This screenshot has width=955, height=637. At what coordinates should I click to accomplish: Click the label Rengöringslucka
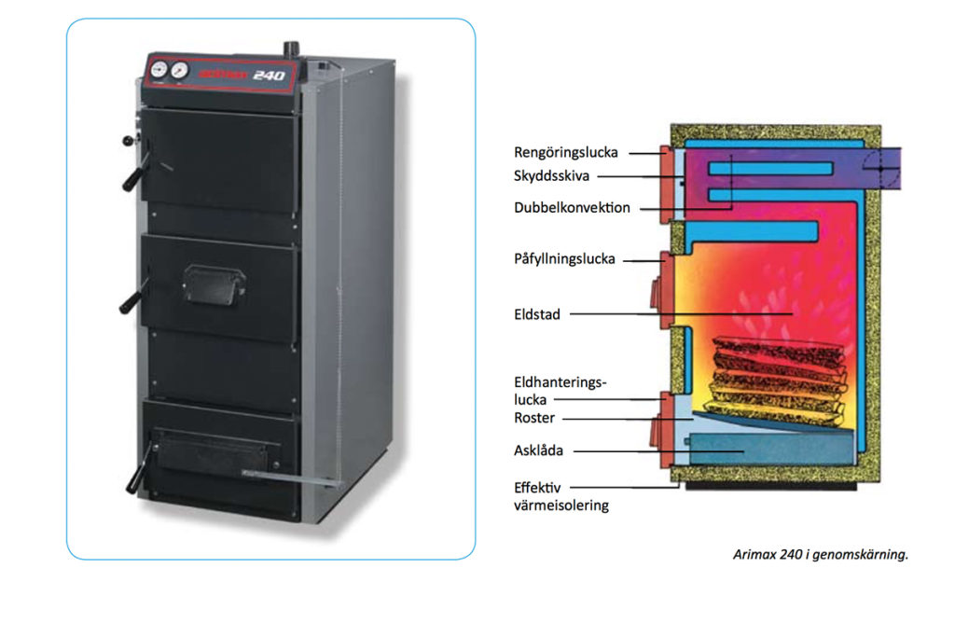click(x=565, y=152)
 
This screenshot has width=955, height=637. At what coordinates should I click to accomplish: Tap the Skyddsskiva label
click(x=551, y=175)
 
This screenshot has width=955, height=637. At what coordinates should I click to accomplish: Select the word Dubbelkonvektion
click(x=572, y=208)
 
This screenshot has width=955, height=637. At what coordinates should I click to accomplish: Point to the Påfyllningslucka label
click(x=564, y=259)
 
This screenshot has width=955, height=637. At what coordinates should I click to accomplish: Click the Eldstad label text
click(x=537, y=315)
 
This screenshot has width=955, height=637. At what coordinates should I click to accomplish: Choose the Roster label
click(x=534, y=418)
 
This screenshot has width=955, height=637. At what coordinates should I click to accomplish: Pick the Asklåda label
click(x=539, y=450)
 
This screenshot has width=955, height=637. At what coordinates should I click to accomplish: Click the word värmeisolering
click(x=561, y=505)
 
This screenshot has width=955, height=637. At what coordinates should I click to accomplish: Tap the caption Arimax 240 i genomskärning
click(x=820, y=554)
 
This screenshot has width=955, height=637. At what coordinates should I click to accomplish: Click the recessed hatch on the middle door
click(x=214, y=283)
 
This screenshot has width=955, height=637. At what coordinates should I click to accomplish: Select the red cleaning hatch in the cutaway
click(x=667, y=184)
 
